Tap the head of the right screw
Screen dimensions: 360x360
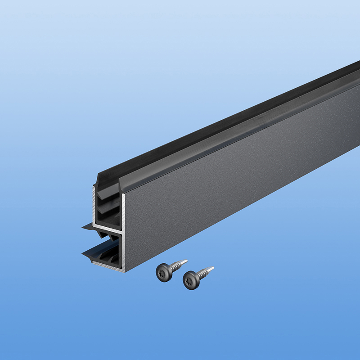pyautogui.click(x=191, y=280)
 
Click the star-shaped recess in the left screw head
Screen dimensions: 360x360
pyautogui.click(x=163, y=273)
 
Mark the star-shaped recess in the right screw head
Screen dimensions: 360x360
pyautogui.click(x=190, y=280)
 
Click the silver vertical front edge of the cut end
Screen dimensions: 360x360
pyautogui.click(x=123, y=234)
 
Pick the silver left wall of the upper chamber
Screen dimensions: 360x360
pyautogui.click(x=94, y=205)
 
